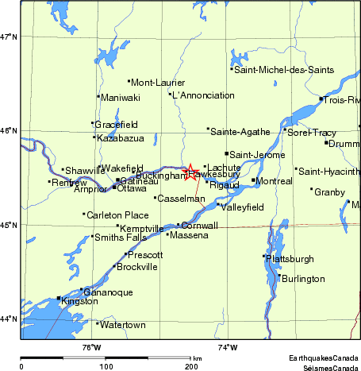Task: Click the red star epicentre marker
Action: tap(190, 170)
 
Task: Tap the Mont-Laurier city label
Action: tap(157, 83)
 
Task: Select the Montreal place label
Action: tap(275, 181)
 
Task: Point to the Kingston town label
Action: tap(79, 303)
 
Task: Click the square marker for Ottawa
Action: tap(114, 187)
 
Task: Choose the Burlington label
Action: tap(303, 279)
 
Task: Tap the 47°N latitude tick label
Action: tap(9, 37)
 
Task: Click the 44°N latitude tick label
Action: tap(9, 319)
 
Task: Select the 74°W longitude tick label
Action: tap(228, 346)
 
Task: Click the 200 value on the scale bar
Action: tap(191, 366)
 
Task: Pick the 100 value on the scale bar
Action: tap(106, 366)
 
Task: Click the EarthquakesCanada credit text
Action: tap(324, 359)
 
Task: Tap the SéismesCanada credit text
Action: tap(329, 368)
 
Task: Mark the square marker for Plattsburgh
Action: tap(264, 256)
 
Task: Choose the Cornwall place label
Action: tap(200, 226)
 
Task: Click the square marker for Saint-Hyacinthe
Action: tap(296, 168)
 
